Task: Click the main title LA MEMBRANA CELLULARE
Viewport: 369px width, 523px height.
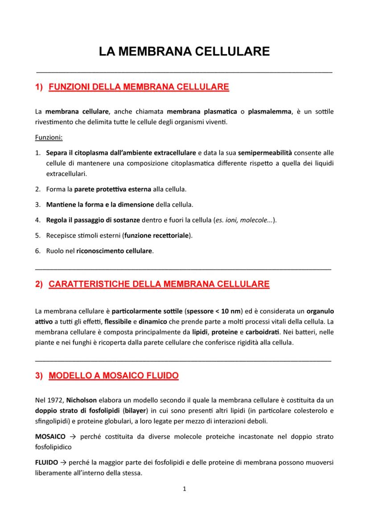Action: coord(184,52)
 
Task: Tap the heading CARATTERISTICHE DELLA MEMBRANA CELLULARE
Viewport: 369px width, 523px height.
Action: coord(159,285)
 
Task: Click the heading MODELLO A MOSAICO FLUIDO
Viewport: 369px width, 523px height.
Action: coord(114,376)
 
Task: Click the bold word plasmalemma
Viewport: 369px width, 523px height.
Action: coord(268,111)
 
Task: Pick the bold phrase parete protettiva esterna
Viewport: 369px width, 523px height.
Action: coord(113,189)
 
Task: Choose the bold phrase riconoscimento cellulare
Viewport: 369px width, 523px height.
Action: coord(115,251)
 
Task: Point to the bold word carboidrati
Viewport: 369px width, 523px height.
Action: coord(261,332)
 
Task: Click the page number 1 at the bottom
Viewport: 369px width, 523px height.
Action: coord(184,489)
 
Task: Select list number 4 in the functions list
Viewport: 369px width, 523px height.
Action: coord(38,220)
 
